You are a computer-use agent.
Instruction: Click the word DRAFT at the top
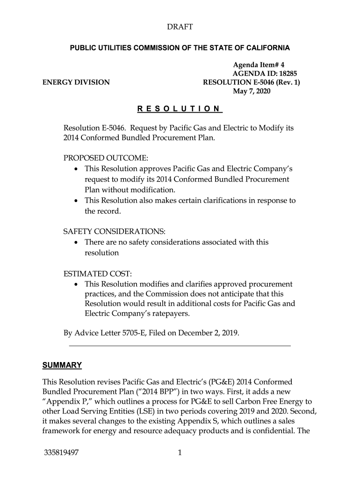pos(180,28)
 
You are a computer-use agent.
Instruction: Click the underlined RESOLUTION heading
pos(180,109)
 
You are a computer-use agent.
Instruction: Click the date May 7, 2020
pos(252,91)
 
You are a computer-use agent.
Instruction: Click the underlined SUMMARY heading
pos(62,365)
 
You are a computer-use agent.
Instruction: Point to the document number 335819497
pos(61,453)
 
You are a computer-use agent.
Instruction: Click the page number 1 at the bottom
pos(180,453)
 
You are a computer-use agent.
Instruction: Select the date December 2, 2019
pos(211,334)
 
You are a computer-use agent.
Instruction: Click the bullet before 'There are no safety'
pos(77,242)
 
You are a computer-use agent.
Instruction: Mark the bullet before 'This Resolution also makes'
pos(77,201)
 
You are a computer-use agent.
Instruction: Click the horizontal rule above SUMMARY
pos(180,346)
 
